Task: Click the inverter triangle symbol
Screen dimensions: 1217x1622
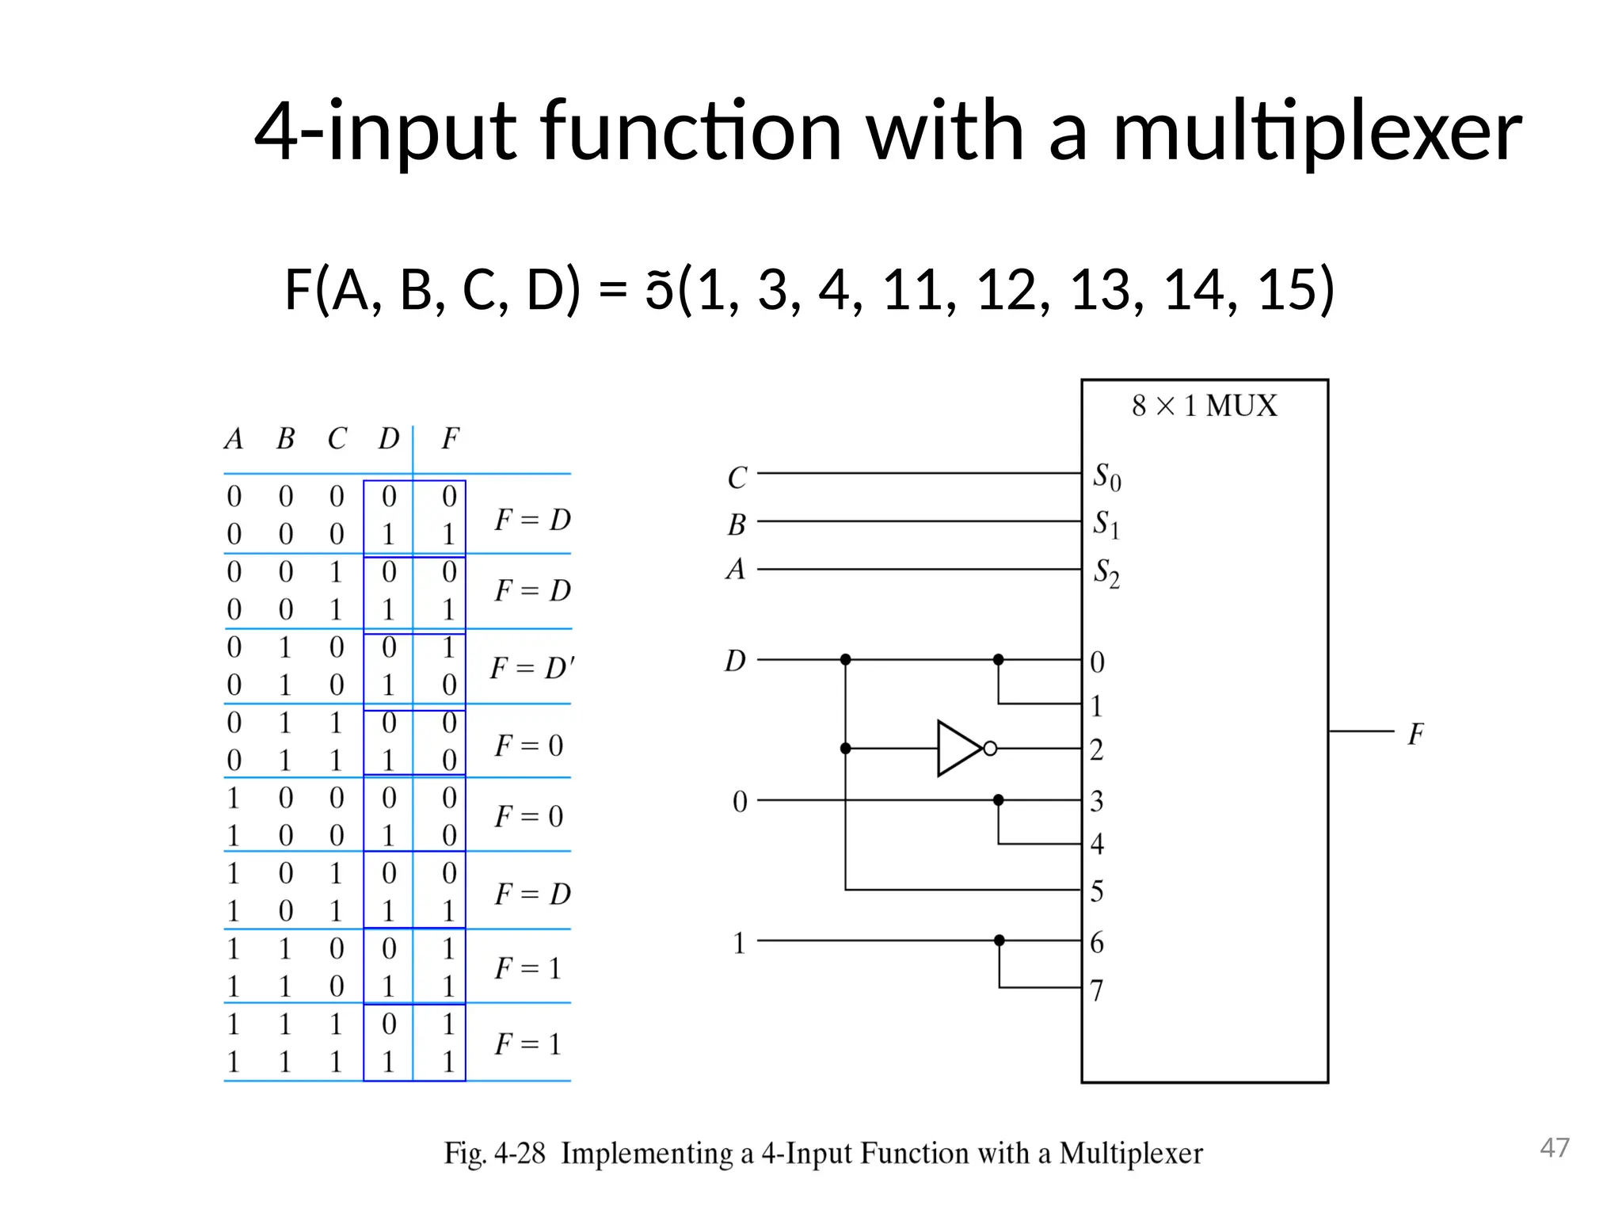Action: coord(958,748)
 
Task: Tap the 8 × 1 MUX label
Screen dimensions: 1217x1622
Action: coord(1204,406)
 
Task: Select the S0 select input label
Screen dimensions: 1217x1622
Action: coord(1106,477)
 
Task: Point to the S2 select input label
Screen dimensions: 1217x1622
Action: coord(1106,573)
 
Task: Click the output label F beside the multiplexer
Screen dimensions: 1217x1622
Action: coord(1415,734)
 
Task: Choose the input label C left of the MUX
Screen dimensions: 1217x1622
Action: coord(737,478)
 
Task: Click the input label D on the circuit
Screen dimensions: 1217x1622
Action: coord(735,661)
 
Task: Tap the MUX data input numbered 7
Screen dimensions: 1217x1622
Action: coord(1096,990)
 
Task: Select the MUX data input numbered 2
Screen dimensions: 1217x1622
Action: coord(1096,750)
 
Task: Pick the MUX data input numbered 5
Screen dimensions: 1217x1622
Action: coord(1096,891)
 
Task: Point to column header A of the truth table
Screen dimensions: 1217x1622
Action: coord(234,439)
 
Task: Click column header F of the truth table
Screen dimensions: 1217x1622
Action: coord(450,439)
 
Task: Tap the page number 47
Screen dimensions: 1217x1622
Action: coord(1554,1147)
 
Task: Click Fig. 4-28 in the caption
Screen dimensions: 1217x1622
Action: coord(494,1154)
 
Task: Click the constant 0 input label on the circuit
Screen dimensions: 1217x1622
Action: coord(739,802)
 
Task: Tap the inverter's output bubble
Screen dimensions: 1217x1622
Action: coord(990,748)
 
